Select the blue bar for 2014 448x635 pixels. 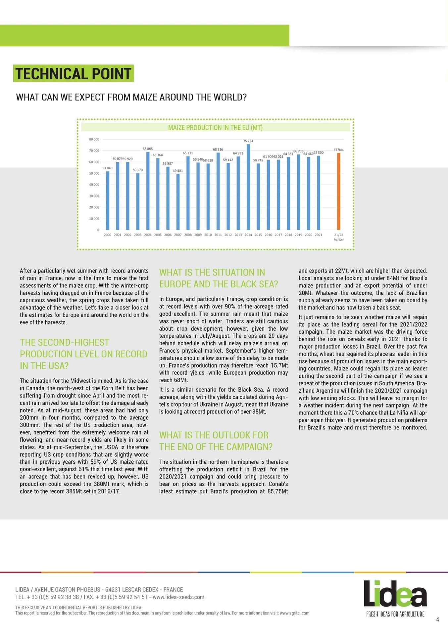(248, 187)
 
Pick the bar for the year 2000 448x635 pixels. (107, 200)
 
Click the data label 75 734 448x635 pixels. (248, 141)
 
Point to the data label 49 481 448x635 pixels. (178, 171)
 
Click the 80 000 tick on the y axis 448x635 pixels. (94, 139)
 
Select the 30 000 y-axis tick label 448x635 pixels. (94, 196)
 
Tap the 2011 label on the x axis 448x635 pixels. (218, 235)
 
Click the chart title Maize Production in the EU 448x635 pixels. (215, 128)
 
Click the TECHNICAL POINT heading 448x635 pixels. (73, 73)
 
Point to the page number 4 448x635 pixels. (437, 620)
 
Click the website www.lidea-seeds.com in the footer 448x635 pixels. (178, 597)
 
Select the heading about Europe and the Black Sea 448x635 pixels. (219, 278)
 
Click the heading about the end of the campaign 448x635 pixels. (216, 441)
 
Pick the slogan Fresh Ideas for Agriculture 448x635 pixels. (395, 614)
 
